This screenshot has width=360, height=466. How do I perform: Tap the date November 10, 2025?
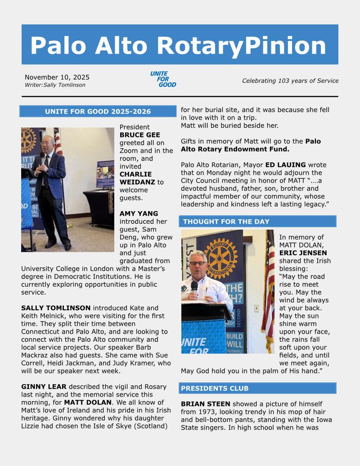[57, 77]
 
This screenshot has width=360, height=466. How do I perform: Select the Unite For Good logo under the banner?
[163, 79]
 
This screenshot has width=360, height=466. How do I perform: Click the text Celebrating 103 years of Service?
[290, 81]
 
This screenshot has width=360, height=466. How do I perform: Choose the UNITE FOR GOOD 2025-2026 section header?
[98, 112]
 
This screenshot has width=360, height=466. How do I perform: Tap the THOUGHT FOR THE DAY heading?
[226, 222]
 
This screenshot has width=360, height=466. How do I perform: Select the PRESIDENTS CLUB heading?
[216, 388]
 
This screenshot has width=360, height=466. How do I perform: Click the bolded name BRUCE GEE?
[139, 135]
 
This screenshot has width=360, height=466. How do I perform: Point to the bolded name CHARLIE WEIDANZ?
[135, 178]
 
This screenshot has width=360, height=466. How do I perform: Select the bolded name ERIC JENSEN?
[303, 253]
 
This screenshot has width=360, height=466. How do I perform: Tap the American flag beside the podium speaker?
[269, 288]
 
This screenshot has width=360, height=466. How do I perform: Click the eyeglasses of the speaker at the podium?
[198, 263]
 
